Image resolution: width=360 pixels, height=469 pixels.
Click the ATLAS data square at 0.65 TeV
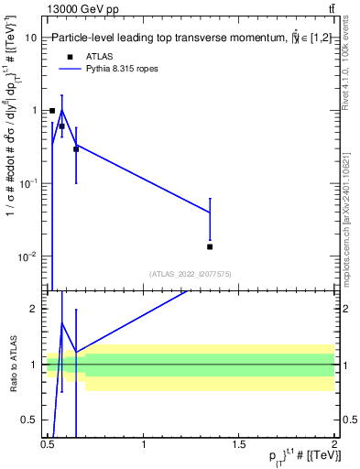point(76,148)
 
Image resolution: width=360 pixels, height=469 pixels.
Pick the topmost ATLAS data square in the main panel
point(52,111)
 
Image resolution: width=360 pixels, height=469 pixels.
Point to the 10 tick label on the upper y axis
point(31,38)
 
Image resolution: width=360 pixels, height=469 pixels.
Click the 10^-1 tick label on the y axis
point(27,183)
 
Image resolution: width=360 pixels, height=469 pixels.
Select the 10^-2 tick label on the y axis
point(27,256)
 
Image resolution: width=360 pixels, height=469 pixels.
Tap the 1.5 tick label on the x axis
point(240,444)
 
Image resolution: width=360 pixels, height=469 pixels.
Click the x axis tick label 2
point(333,444)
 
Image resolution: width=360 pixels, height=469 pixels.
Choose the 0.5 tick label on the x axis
point(49,444)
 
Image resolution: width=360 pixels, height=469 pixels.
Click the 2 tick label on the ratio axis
point(35,309)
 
